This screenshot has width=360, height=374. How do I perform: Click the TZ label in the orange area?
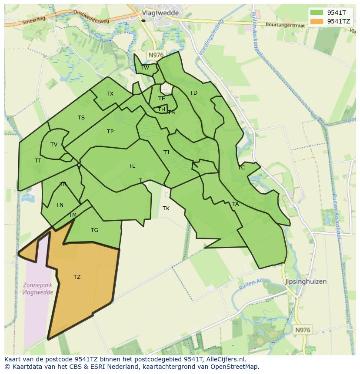point(77,277)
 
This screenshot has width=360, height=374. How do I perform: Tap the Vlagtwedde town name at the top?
point(160,13)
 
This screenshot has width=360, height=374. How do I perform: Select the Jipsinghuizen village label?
point(305,281)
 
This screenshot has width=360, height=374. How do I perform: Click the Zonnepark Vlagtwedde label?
point(38,289)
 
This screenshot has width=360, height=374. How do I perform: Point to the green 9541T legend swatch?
point(317,12)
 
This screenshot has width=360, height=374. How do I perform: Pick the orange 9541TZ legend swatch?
point(317,21)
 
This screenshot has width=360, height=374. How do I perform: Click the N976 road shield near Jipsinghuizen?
point(303,330)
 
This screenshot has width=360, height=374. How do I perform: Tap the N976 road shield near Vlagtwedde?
point(156,55)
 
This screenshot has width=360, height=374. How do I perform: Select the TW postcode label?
point(145,67)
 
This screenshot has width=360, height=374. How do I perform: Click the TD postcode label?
point(193,93)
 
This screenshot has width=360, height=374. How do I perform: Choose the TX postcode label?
point(110,94)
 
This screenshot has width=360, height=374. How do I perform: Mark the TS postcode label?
point(81,118)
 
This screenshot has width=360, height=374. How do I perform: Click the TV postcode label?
point(54,145)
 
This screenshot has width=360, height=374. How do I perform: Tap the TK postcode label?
point(166,209)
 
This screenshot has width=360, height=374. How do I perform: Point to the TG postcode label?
point(94,230)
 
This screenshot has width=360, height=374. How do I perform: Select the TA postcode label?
point(235,204)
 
